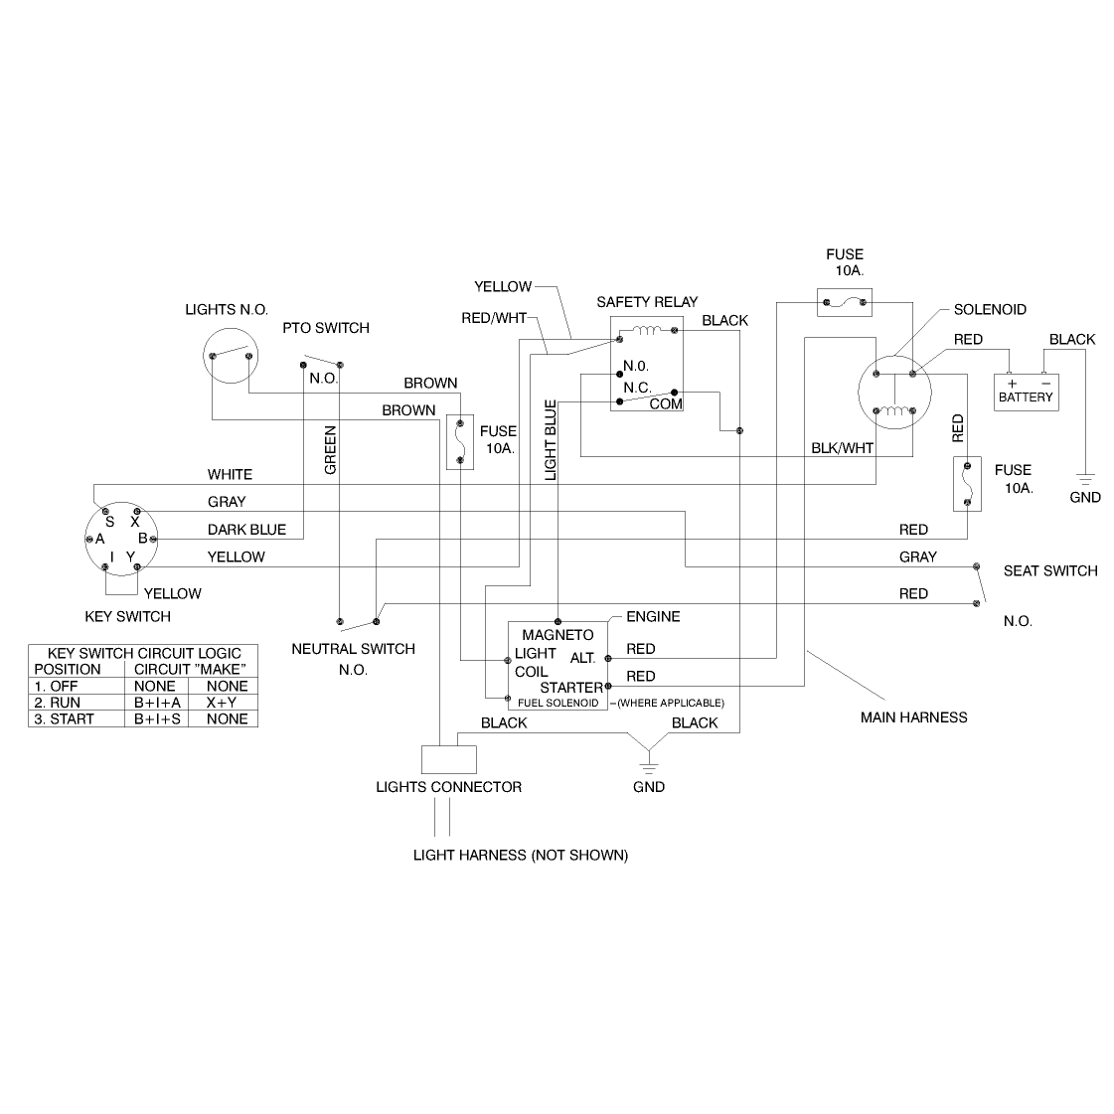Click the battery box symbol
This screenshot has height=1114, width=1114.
click(1026, 393)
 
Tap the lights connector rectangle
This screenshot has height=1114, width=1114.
click(449, 759)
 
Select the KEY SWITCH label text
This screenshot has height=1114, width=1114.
click(128, 617)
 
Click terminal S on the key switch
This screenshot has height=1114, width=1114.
click(105, 512)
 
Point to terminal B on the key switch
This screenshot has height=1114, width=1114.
click(153, 540)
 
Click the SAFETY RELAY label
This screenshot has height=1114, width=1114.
click(647, 302)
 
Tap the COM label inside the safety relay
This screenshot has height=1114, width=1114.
click(666, 404)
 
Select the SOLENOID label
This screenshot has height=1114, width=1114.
click(990, 310)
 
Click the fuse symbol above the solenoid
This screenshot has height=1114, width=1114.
click(844, 303)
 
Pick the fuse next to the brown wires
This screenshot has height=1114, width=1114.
click(460, 442)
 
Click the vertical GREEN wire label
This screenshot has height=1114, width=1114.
click(330, 450)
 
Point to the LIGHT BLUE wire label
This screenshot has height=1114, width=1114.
click(551, 440)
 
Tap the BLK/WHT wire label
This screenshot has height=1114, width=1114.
click(843, 448)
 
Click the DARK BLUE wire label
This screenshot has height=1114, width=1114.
click(246, 530)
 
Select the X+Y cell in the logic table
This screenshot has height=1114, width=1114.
click(222, 703)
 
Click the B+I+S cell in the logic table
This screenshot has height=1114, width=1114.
click(157, 719)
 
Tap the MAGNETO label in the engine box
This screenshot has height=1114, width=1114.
click(557, 635)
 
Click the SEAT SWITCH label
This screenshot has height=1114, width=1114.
click(1050, 571)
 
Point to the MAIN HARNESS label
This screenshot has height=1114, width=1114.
click(913, 717)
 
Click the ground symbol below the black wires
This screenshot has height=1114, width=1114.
click(649, 767)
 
